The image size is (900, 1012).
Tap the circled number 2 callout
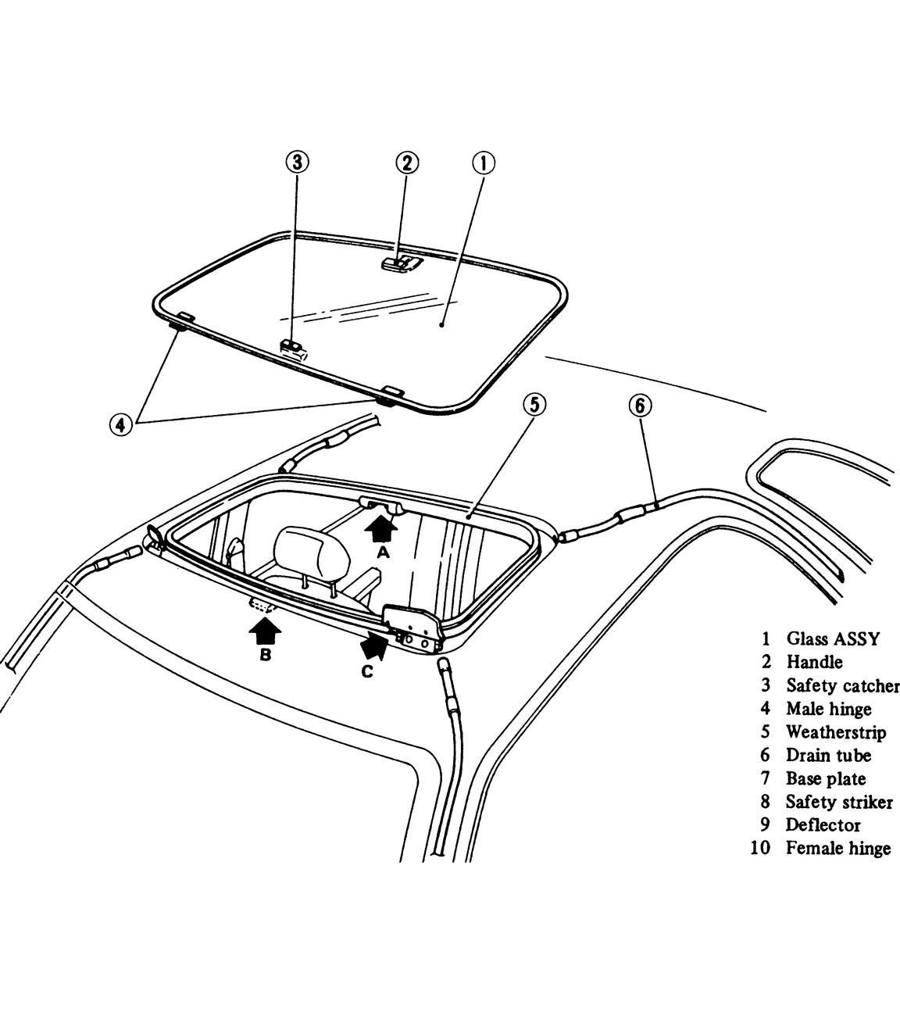(x=406, y=163)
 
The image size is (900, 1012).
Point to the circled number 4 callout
(x=120, y=424)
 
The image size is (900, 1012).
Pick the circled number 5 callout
(x=534, y=405)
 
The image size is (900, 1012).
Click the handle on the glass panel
(x=401, y=263)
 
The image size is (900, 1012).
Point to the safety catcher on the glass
(x=293, y=346)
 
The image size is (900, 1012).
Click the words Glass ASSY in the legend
(x=833, y=639)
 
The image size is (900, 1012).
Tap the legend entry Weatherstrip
(x=836, y=732)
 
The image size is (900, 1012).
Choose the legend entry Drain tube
(x=828, y=756)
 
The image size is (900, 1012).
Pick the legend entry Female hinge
(x=838, y=849)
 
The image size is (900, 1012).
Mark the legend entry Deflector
(x=823, y=825)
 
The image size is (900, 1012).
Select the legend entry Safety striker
(x=839, y=802)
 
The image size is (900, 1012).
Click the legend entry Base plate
(x=826, y=779)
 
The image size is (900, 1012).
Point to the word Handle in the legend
(x=814, y=663)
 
